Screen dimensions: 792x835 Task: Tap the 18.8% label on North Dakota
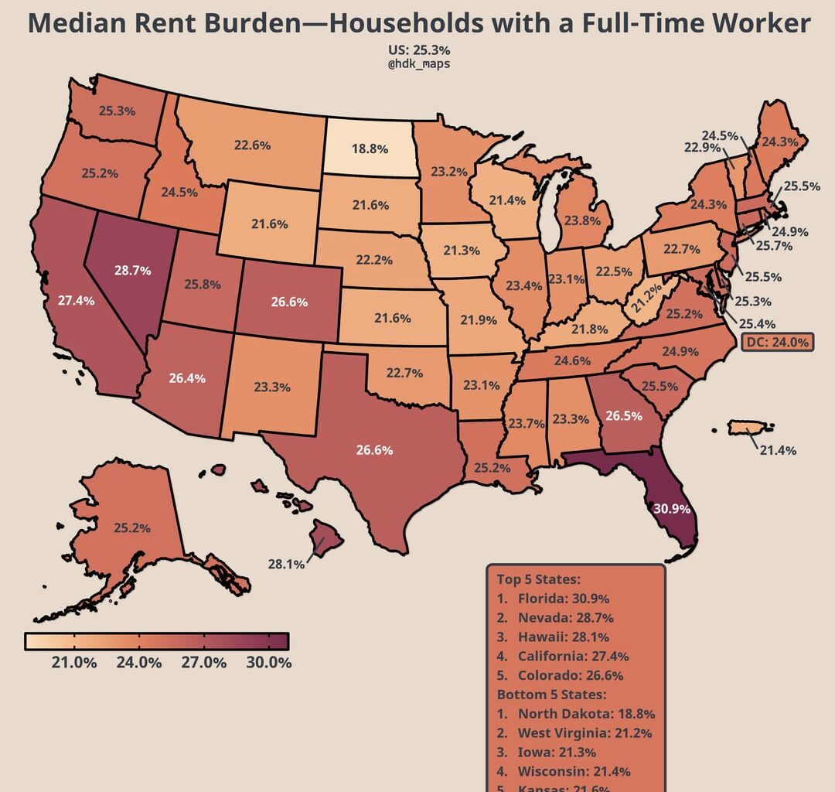(x=370, y=148)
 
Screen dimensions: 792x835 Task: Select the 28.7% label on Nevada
(x=132, y=271)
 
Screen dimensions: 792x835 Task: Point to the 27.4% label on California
(x=77, y=299)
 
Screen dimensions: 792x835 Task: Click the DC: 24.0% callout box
(x=778, y=341)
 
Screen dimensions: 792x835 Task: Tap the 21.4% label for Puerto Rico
(x=777, y=450)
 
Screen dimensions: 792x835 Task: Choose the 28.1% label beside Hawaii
(x=286, y=564)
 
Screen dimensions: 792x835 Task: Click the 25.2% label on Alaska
(x=132, y=528)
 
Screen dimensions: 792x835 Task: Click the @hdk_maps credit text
(x=418, y=64)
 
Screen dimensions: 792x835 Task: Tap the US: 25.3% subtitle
(x=418, y=51)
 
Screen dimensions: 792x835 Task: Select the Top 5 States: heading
(x=538, y=579)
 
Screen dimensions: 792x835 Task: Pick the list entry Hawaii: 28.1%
(x=563, y=637)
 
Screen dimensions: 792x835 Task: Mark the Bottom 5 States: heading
(x=551, y=694)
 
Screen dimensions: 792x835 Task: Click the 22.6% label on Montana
(x=252, y=145)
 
